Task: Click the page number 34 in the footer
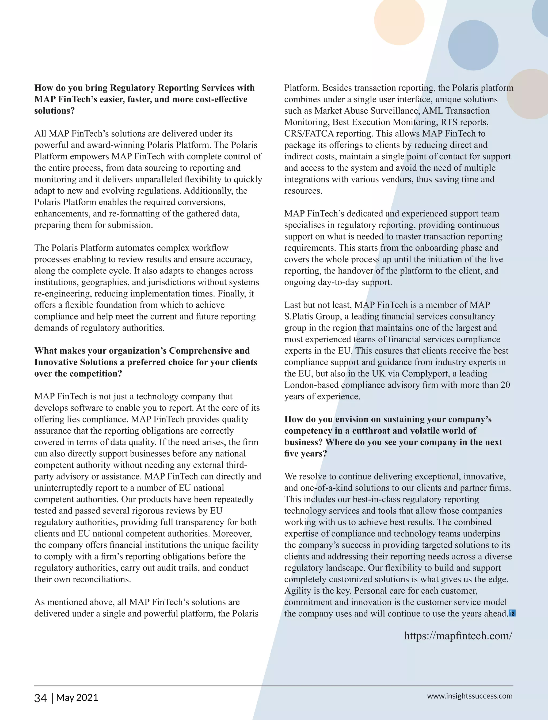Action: [40, 697]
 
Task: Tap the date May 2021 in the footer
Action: [77, 697]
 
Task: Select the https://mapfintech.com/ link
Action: [458, 635]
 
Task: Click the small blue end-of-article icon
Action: [512, 614]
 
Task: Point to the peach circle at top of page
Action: [399, 20]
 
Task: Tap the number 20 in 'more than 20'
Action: [505, 385]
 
